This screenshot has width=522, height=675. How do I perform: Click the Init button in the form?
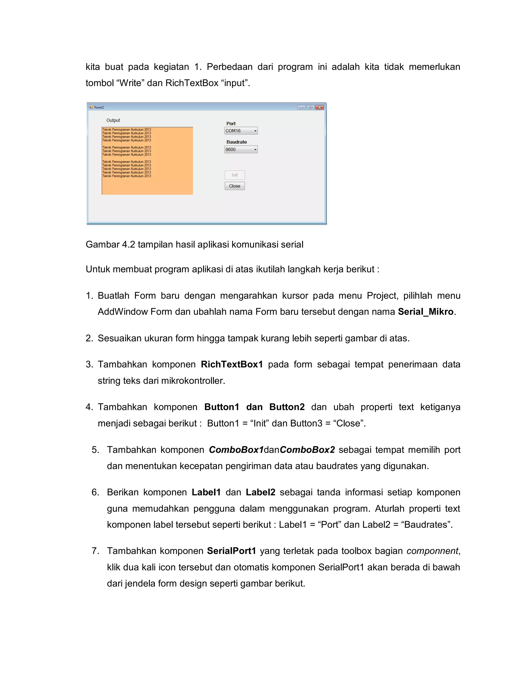tap(234, 175)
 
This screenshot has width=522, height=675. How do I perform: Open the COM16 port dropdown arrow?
tap(255, 131)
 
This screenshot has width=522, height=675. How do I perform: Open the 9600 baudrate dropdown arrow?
tap(255, 150)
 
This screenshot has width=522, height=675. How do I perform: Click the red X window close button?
tap(319, 107)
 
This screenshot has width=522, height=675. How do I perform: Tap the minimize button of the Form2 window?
tap(301, 107)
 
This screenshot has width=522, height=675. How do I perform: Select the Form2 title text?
tap(99, 107)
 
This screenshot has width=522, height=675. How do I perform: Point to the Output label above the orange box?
tap(113, 120)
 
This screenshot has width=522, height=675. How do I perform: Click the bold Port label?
tap(231, 123)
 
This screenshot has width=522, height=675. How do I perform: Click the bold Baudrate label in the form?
tap(237, 142)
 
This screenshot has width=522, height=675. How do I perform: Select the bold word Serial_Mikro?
tap(425, 312)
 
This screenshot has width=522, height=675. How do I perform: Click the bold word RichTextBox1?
tap(232, 364)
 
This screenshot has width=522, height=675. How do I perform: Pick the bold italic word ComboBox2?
tap(307, 450)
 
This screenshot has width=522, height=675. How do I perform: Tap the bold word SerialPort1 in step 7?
tap(231, 551)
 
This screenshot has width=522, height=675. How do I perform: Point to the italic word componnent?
tap(432, 551)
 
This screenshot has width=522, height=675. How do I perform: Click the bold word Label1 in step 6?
tap(206, 492)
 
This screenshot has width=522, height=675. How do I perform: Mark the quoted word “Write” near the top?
tap(130, 83)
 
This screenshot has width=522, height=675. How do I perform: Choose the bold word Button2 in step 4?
tap(287, 407)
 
